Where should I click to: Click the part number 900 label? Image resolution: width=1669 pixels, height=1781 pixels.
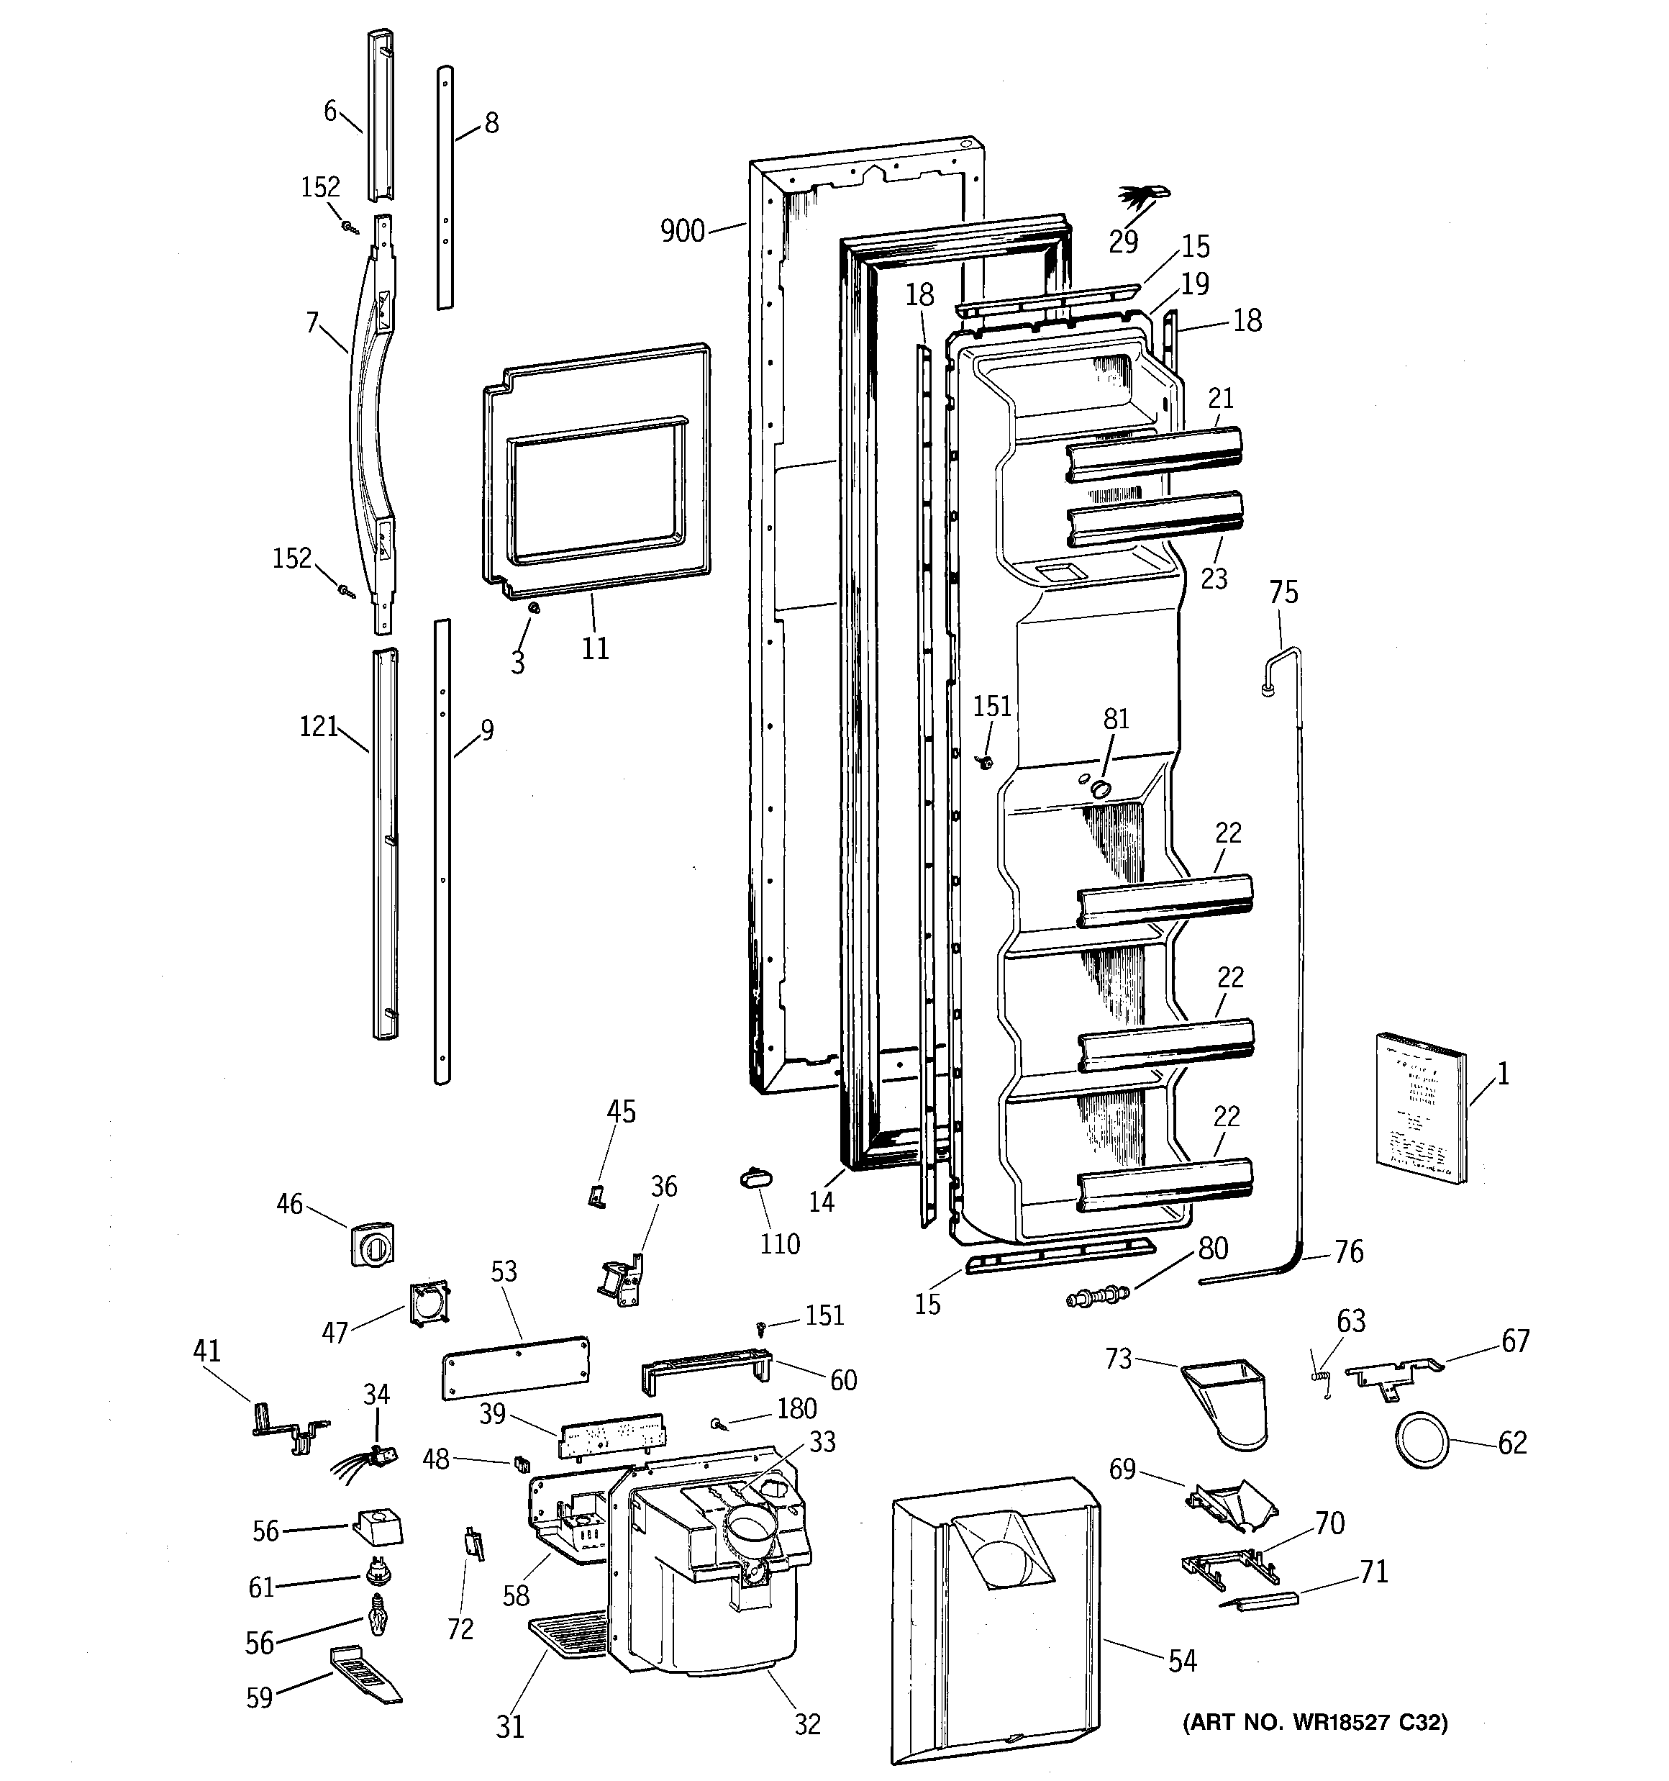click(x=683, y=231)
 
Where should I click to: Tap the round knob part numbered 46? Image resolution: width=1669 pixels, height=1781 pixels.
click(x=372, y=1243)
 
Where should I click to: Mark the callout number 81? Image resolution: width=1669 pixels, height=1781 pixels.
click(x=1117, y=718)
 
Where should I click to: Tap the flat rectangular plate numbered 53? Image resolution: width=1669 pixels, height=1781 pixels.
click(x=516, y=1367)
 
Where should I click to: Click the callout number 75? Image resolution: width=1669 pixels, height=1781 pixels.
click(x=1283, y=592)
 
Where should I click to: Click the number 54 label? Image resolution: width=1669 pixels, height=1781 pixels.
click(x=1182, y=1661)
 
